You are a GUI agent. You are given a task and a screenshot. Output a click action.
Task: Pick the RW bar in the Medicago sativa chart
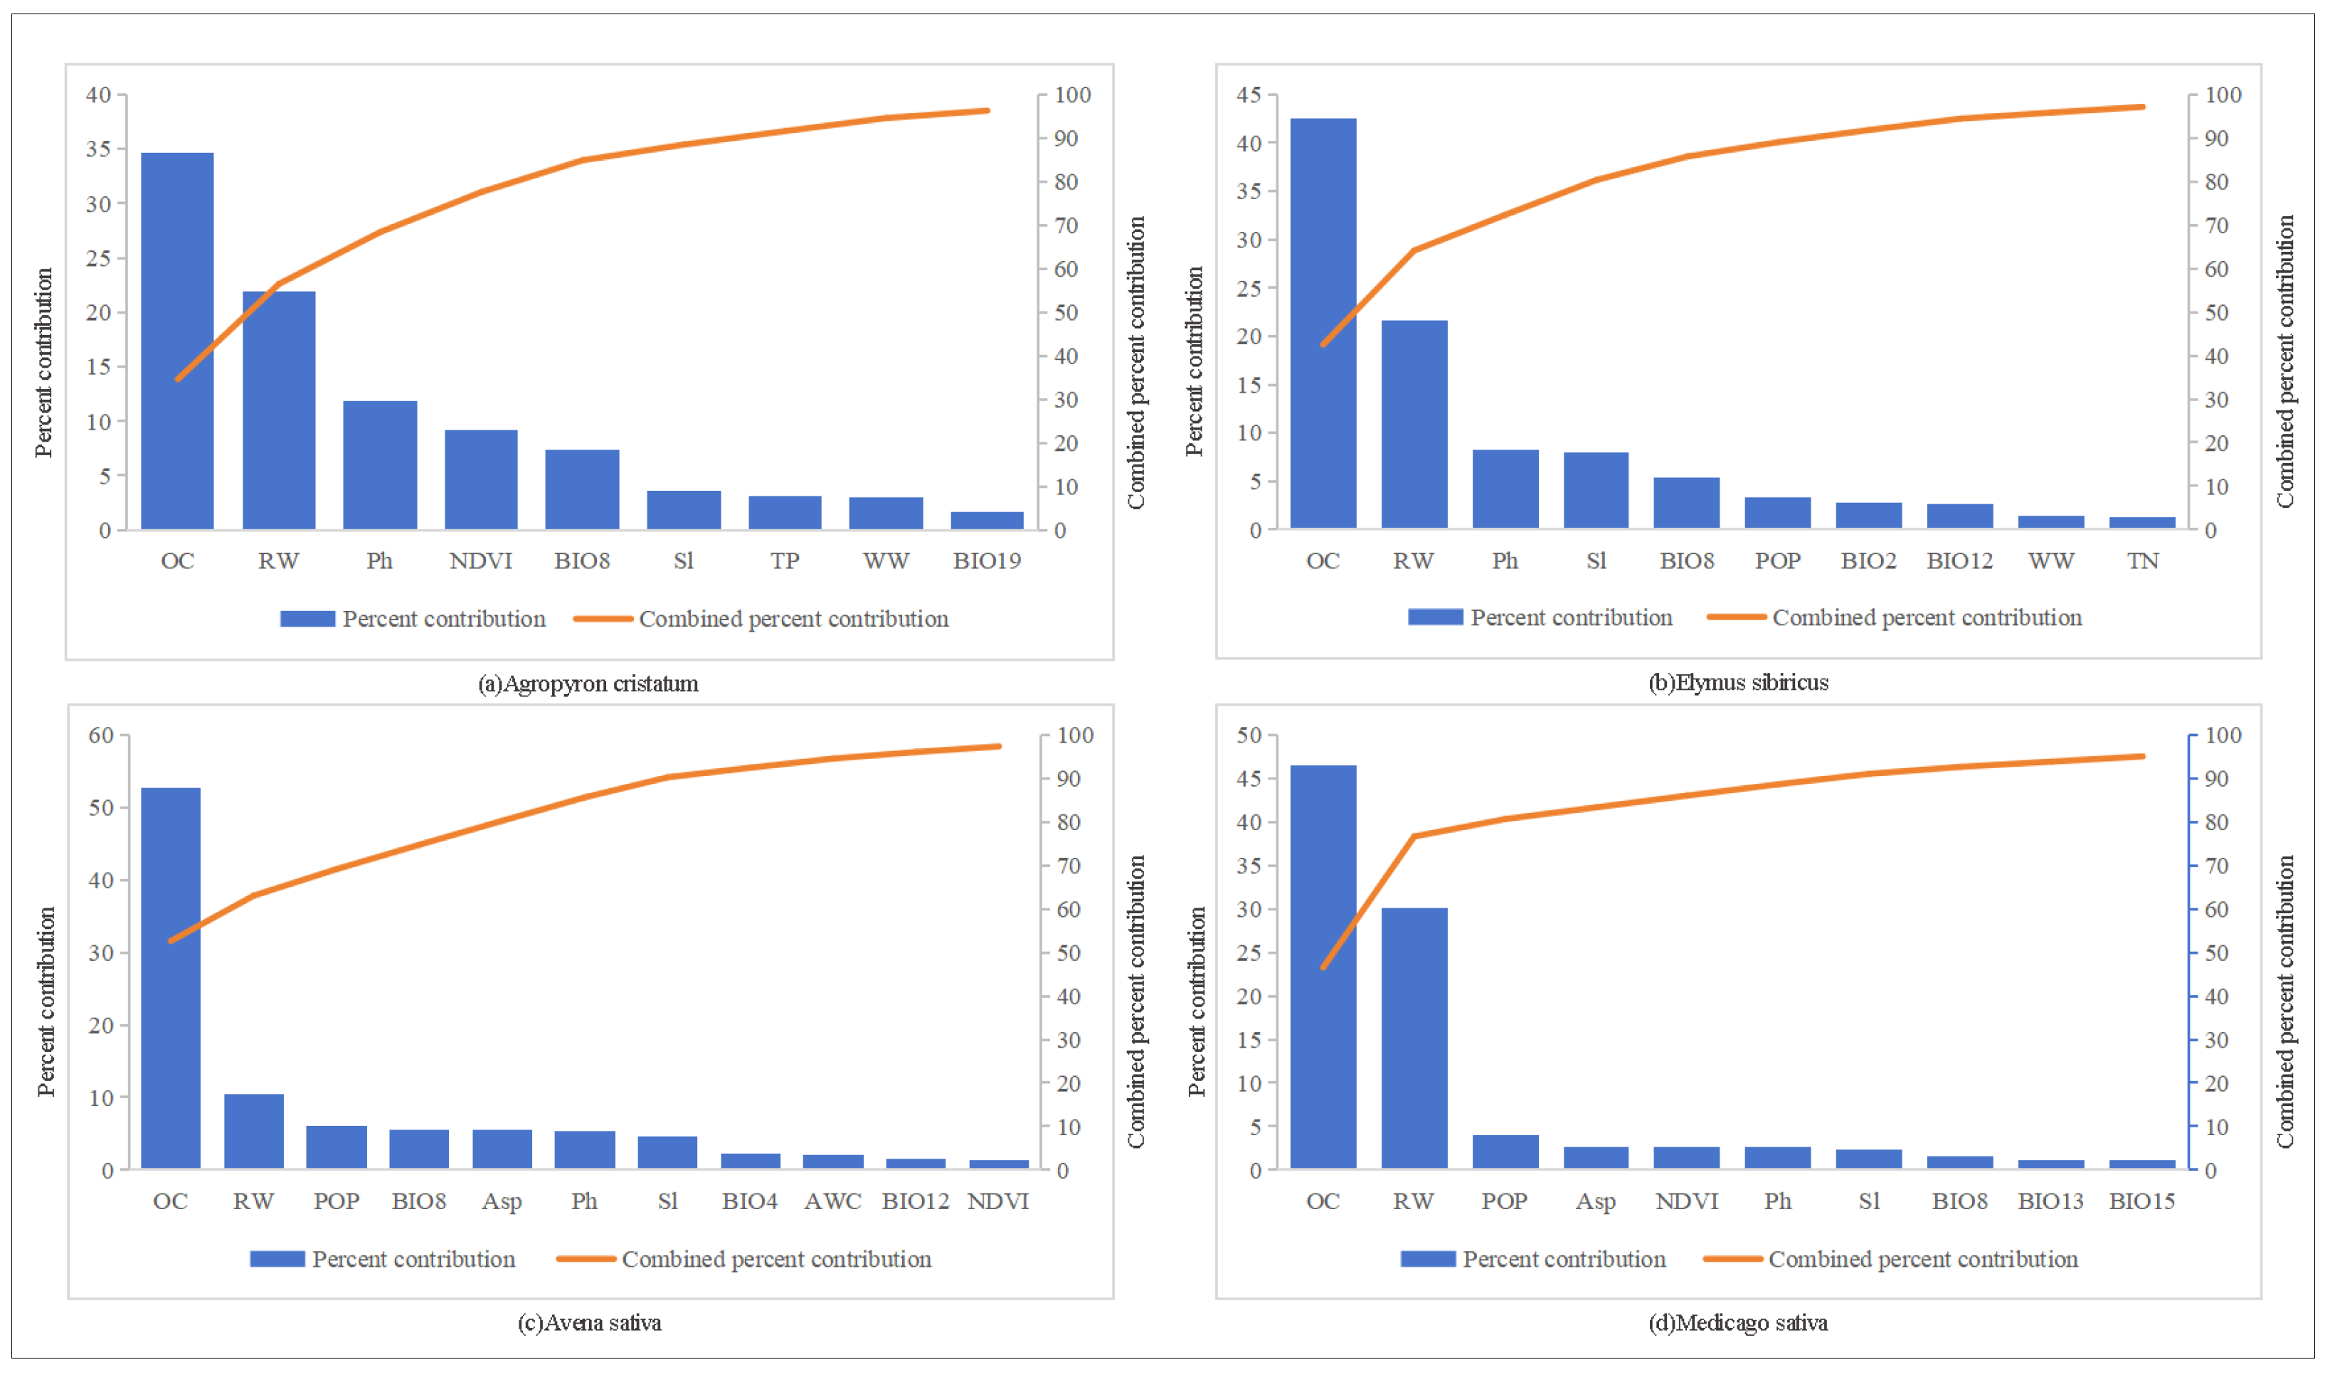[1414, 1038]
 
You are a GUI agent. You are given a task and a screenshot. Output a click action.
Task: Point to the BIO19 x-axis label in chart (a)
[987, 561]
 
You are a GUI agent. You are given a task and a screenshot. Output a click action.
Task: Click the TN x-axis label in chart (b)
[2142, 561]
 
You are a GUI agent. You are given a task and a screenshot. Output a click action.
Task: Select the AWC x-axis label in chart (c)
[832, 1201]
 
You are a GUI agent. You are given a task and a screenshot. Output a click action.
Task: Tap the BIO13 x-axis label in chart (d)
[2050, 1201]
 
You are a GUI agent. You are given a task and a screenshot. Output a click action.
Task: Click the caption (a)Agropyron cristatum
[588, 684]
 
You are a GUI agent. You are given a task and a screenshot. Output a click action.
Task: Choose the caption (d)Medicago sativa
[1737, 1323]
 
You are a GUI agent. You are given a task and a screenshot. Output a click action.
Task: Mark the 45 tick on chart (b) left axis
[1249, 95]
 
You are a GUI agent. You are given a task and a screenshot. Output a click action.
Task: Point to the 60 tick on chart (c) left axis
[100, 736]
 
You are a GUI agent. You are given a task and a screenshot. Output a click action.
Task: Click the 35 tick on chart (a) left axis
[98, 149]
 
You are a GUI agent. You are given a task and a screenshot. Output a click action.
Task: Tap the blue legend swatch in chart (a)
[307, 619]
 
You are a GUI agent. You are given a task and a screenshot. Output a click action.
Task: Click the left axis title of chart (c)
[46, 1002]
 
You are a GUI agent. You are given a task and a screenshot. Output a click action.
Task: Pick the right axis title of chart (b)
[2284, 362]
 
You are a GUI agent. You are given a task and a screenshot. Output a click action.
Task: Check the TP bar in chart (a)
[784, 513]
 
